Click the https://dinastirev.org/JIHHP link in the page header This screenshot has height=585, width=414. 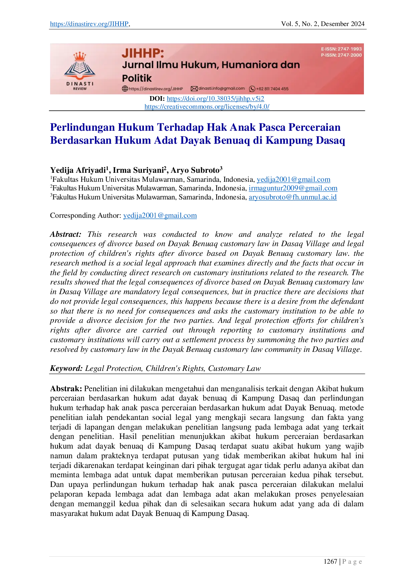coord(89,24)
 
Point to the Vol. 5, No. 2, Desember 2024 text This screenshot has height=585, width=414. coord(323,24)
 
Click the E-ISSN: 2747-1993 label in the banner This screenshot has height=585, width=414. coord(341,49)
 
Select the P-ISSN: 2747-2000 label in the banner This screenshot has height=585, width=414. coord(341,55)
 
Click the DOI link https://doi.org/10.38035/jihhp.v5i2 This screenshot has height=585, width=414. coord(215,99)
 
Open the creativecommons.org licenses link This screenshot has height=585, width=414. coord(207,107)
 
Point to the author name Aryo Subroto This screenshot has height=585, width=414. coord(195,170)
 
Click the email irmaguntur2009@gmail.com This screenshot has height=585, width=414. coord(293,188)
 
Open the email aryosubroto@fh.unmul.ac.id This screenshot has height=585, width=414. coord(292,197)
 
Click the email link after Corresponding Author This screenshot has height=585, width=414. coord(160,216)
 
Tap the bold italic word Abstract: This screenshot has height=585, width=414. coord(65,234)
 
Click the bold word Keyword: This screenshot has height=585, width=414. coord(66,369)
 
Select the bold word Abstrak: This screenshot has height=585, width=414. coord(66,389)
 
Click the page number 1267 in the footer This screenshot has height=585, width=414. coord(330,562)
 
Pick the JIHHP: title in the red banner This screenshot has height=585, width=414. coord(143,53)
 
